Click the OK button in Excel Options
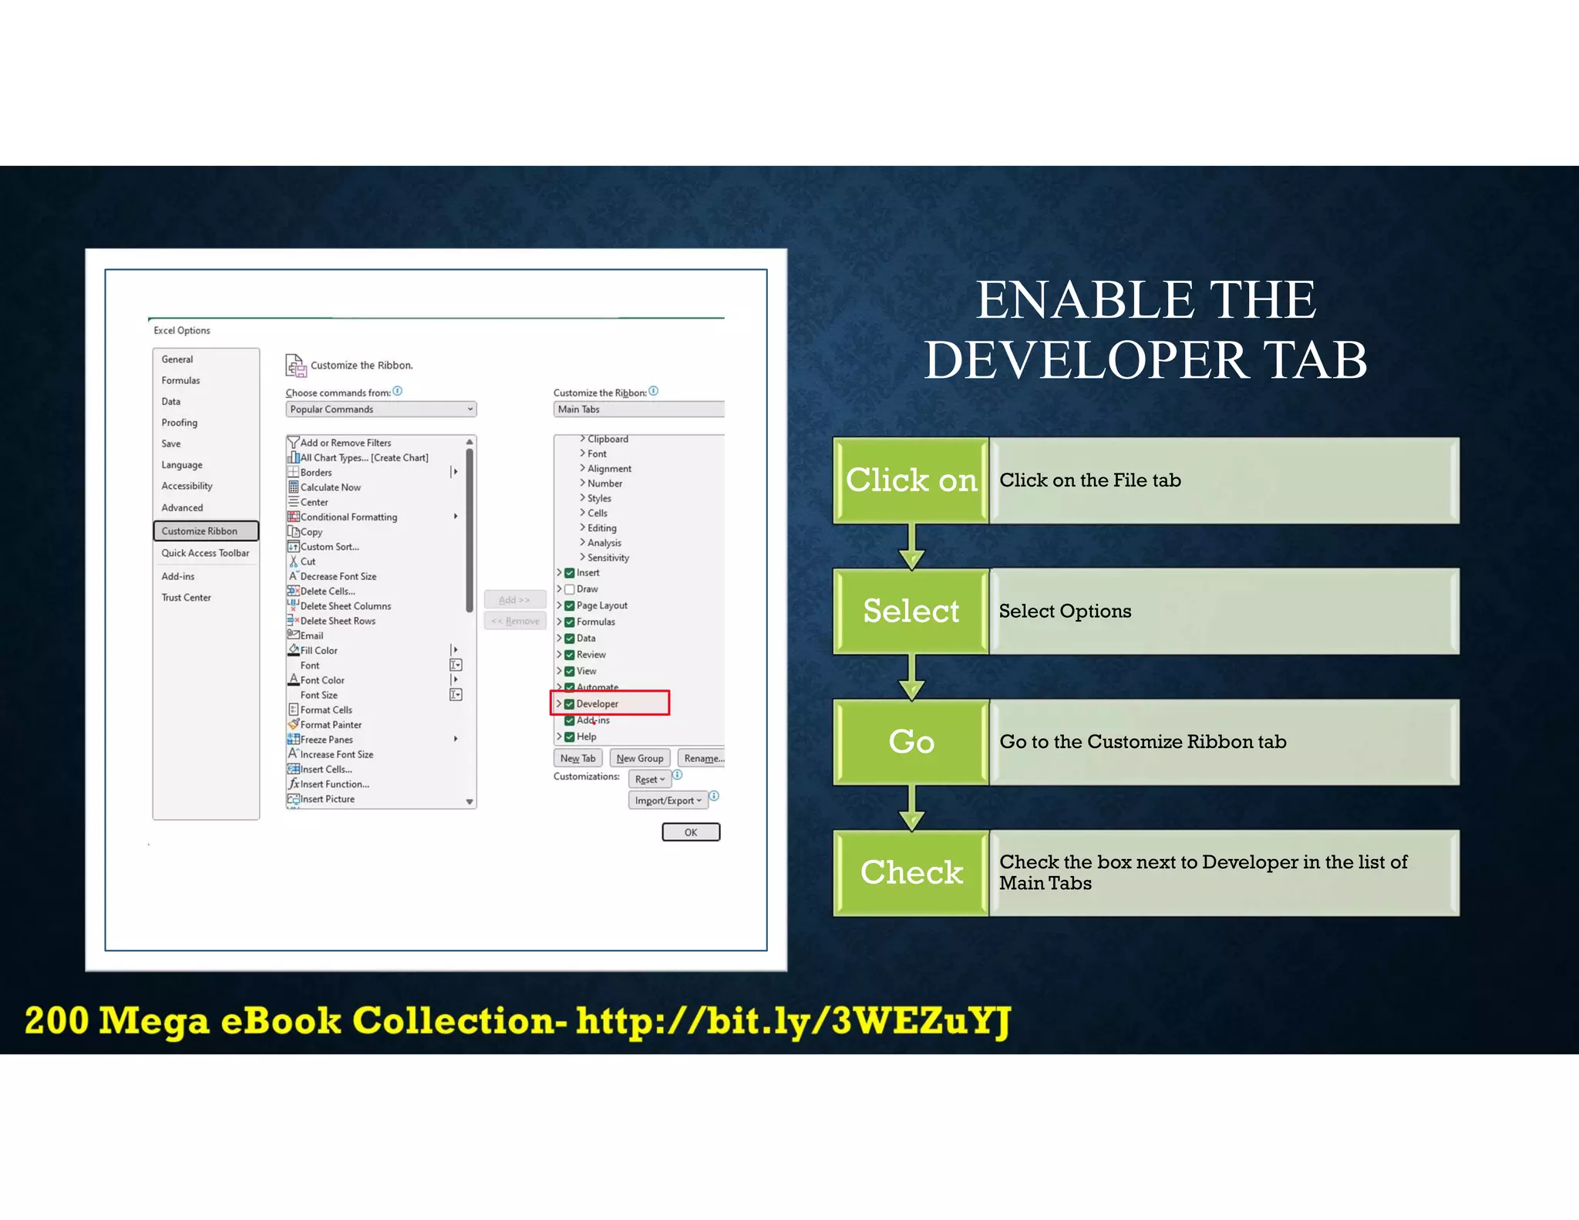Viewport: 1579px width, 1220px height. point(691,832)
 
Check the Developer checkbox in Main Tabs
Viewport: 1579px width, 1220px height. point(570,704)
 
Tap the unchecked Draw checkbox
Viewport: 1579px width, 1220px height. point(570,589)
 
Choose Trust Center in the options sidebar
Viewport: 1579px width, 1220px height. point(186,598)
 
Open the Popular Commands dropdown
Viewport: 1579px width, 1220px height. point(382,409)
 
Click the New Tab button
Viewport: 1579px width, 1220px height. point(577,759)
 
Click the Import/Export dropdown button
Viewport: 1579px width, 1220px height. point(668,800)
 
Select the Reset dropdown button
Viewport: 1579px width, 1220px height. point(649,780)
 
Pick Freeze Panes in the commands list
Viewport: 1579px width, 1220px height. point(327,740)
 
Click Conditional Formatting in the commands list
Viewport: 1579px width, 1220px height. point(348,517)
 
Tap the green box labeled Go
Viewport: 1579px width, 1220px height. point(911,742)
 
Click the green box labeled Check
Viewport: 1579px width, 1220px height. point(911,873)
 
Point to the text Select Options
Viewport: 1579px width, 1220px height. point(1065,612)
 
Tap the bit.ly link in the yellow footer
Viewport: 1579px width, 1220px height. point(793,1021)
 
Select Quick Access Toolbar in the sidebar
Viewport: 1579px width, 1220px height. point(205,554)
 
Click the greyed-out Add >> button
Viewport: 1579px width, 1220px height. point(514,600)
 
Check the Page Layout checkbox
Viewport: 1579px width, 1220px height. point(570,606)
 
